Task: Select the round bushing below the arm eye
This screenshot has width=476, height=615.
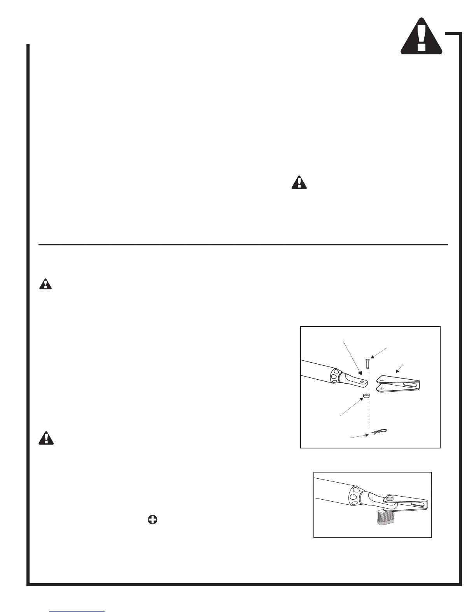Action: pyautogui.click(x=366, y=396)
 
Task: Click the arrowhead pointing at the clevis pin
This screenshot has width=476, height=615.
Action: pyautogui.click(x=371, y=357)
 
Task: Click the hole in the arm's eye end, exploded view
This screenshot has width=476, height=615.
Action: pyautogui.click(x=362, y=382)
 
